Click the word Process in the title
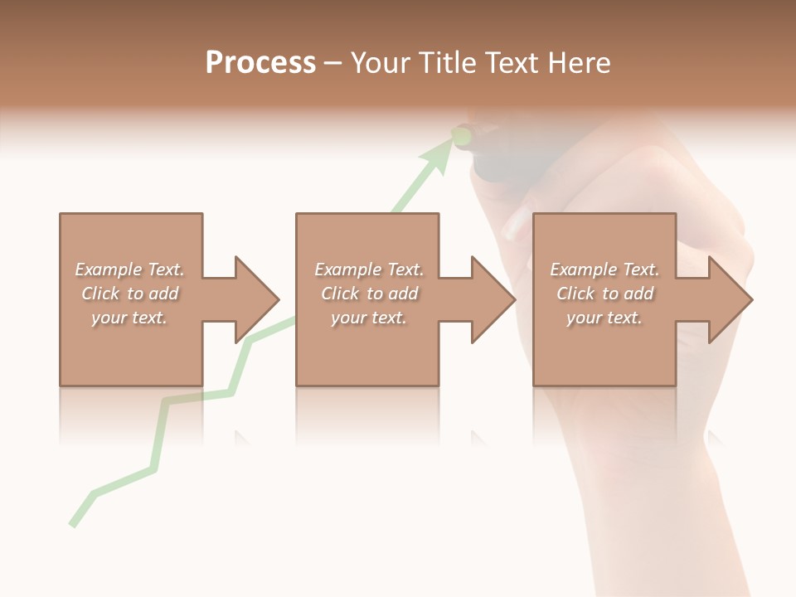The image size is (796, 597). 260,63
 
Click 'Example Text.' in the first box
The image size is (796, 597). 129,269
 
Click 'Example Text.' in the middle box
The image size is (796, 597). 369,269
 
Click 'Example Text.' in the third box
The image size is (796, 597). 604,269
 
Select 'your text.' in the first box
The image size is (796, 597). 129,318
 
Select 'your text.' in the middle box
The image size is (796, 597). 369,318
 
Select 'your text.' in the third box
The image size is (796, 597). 604,318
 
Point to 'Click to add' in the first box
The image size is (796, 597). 129,294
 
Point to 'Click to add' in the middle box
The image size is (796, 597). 369,294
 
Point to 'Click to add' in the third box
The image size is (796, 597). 604,294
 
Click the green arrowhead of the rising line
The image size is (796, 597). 440,156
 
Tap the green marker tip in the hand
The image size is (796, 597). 462,133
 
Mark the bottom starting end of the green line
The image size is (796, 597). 73,524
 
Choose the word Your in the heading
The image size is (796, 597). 381,63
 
